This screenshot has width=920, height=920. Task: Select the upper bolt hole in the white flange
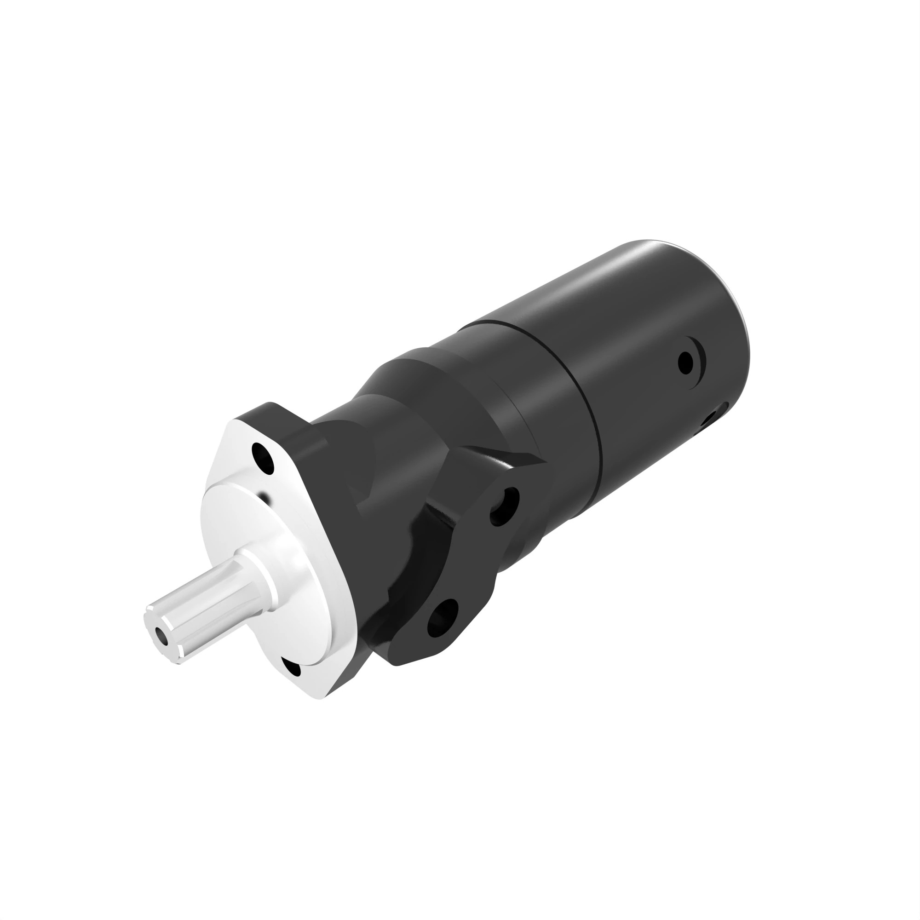point(263,458)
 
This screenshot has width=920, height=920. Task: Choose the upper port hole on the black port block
point(504,506)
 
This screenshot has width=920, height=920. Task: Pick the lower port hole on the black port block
point(443,618)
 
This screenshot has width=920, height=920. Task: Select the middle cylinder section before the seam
point(519,376)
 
